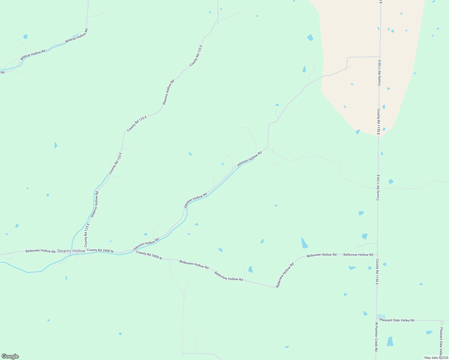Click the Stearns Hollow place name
pyautogui.click(x=71, y=251)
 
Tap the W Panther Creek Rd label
pyautogui.click(x=376, y=337)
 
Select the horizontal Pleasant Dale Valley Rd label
pyautogui.click(x=396, y=320)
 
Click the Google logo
pyautogui.click(x=10, y=356)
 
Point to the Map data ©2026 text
pyautogui.click(x=436, y=358)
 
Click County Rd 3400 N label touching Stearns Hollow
pyautogui.click(x=100, y=250)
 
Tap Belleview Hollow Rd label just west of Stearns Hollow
pyautogui.click(x=41, y=251)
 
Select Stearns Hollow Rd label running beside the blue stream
pyautogui.click(x=95, y=204)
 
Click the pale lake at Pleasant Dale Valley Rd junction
pyautogui.click(x=381, y=316)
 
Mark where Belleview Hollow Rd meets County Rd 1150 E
pyautogui.click(x=377, y=255)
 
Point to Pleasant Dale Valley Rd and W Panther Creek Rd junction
pyautogui.click(x=376, y=320)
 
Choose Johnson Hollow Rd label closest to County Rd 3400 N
pyautogui.click(x=146, y=244)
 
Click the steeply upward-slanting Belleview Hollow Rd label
pyautogui.click(x=285, y=275)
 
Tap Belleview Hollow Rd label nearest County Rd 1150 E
pyautogui.click(x=358, y=255)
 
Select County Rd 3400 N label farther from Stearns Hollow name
pyautogui.click(x=149, y=255)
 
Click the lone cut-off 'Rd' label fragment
pyautogui.click(x=2, y=72)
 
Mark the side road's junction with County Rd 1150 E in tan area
pyautogui.click(x=380, y=57)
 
